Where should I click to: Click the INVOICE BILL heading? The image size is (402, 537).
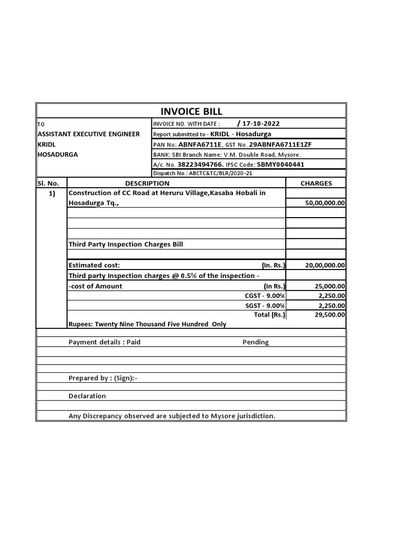(x=191, y=111)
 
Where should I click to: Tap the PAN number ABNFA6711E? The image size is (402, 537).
(x=200, y=144)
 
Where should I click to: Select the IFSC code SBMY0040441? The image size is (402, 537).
(x=279, y=164)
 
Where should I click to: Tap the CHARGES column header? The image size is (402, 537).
(x=316, y=183)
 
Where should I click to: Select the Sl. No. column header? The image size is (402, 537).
(x=51, y=183)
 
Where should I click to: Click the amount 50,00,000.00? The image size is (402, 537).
(x=325, y=203)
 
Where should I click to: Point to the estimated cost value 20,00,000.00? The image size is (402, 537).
(x=325, y=265)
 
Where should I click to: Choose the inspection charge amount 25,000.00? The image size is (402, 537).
(x=329, y=286)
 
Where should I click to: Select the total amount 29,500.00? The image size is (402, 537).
(x=329, y=315)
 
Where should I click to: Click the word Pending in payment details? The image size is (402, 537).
(x=255, y=342)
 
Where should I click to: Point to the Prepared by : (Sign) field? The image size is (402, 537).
(x=103, y=378)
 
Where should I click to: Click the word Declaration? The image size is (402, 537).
(x=87, y=396)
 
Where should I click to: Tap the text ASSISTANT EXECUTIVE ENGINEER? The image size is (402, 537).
(x=88, y=134)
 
